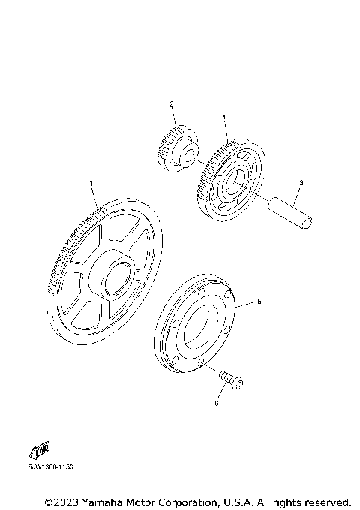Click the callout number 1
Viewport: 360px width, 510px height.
[91, 184]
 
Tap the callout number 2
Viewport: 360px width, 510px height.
[172, 104]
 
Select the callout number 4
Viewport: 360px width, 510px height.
[224, 117]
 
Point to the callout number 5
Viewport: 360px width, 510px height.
[259, 301]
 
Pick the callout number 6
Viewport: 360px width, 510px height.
[217, 403]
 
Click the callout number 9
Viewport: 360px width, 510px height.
[301, 183]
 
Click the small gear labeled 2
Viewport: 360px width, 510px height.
[178, 149]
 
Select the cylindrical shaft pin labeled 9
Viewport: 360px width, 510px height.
[290, 213]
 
